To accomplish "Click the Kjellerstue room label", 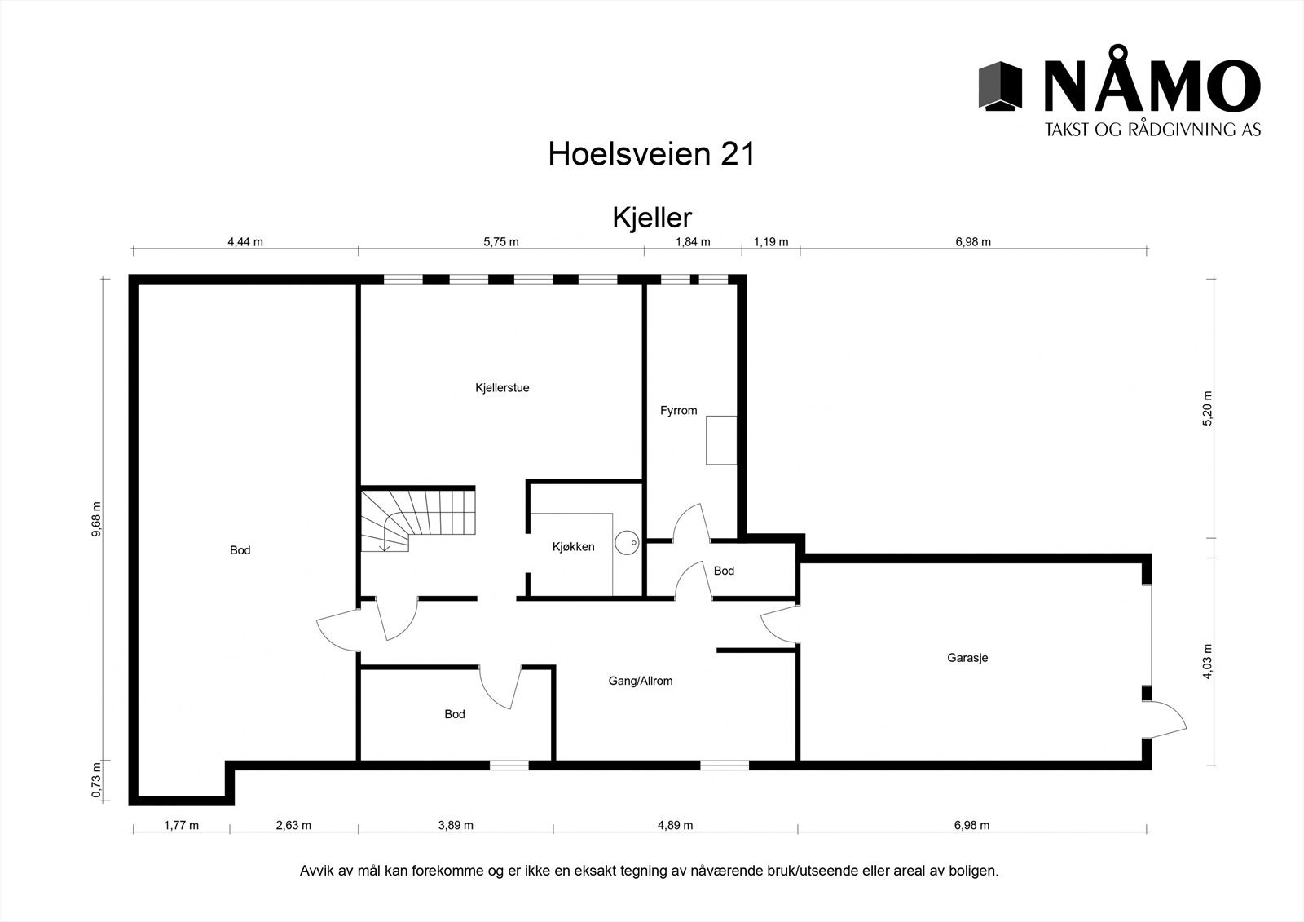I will pyautogui.click(x=502, y=388).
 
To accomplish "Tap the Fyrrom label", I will pyautogui.click(x=678, y=411).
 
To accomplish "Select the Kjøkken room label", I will pyautogui.click(x=573, y=547).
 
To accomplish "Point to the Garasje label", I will pyautogui.click(x=967, y=658).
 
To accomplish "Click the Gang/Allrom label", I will pyautogui.click(x=641, y=681).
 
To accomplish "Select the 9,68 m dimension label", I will pyautogui.click(x=97, y=518).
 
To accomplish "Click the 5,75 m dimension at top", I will pyautogui.click(x=500, y=241).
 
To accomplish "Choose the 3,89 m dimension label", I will pyautogui.click(x=455, y=825).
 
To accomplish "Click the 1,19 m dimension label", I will pyautogui.click(x=770, y=241).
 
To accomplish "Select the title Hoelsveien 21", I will pyautogui.click(x=651, y=153).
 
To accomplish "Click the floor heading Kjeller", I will pyautogui.click(x=651, y=218).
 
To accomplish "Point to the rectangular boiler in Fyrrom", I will pyautogui.click(x=721, y=440).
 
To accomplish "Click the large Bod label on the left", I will pyautogui.click(x=240, y=550).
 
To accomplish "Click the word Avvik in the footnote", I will pyautogui.click(x=317, y=871).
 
